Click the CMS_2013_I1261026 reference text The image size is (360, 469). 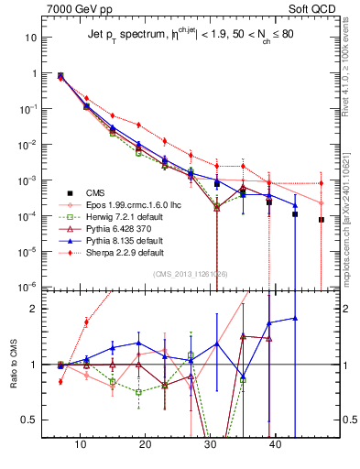[191, 274]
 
